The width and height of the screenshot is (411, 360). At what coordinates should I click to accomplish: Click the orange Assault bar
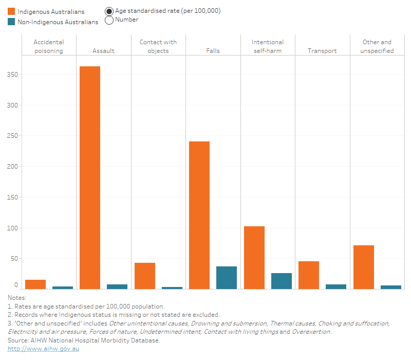pos(90,177)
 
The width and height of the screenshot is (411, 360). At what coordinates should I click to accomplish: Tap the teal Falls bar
pos(227,278)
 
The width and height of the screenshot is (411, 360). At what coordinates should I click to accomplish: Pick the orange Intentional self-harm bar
pos(254,258)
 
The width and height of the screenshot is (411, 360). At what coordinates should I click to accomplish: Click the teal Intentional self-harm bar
pos(281,281)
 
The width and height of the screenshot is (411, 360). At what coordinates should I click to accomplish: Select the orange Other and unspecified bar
pos(364,267)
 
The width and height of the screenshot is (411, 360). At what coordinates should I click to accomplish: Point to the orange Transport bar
pos(309,275)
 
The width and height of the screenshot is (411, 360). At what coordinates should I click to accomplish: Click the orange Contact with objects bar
pos(145,276)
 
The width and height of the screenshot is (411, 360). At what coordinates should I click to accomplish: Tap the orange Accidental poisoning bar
pos(35,284)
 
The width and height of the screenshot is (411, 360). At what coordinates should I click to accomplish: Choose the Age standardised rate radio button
pos(109,11)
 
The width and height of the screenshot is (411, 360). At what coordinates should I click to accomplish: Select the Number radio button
pos(109,20)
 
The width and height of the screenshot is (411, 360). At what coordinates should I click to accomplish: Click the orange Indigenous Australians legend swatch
pos(11,11)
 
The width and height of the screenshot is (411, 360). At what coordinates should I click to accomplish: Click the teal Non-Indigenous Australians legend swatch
pos(11,22)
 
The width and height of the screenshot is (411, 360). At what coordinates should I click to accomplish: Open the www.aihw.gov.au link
pos(44,349)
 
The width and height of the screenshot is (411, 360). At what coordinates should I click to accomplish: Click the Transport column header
pos(322,51)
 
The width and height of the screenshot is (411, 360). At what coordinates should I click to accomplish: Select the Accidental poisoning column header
pos(48,46)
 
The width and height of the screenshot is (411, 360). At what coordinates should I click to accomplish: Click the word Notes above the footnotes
pos(17,298)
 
